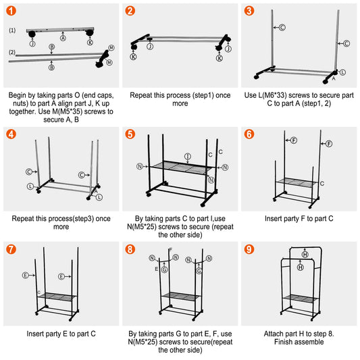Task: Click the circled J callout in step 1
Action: pos(32,43)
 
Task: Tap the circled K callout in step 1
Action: pos(89,43)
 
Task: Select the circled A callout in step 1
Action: pos(63,38)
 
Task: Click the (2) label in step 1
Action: pos(12,52)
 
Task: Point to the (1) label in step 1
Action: pos(12,30)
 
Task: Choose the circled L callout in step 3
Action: pos(343,72)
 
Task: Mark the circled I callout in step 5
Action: pos(187,157)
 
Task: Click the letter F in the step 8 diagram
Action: pos(170,251)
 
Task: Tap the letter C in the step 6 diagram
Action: pos(322,183)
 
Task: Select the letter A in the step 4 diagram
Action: pos(96,191)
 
